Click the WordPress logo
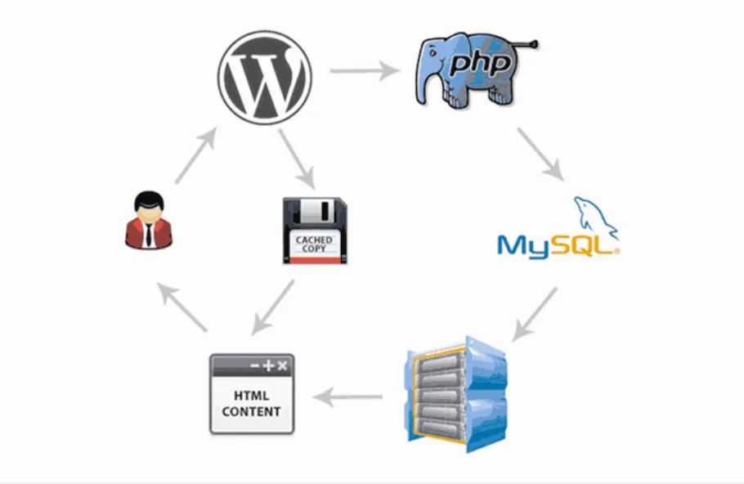pyautogui.click(x=265, y=78)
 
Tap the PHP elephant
pyautogui.click(x=474, y=69)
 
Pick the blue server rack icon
pyautogui.click(x=455, y=395)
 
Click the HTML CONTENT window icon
pyautogui.click(x=252, y=394)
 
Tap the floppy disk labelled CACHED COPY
pyautogui.click(x=315, y=231)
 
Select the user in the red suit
pyautogui.click(x=149, y=220)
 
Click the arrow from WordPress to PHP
pyautogui.click(x=365, y=70)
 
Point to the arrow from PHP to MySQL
pyautogui.click(x=540, y=155)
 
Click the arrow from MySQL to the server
pyautogui.click(x=534, y=314)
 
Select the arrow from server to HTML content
pyautogui.click(x=347, y=397)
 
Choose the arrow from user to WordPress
pyautogui.click(x=196, y=155)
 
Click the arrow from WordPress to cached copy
pyautogui.click(x=297, y=159)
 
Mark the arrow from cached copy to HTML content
pyautogui.click(x=273, y=307)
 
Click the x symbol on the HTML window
pyautogui.click(x=283, y=365)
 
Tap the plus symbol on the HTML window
pyautogui.click(x=268, y=365)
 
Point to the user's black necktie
pyautogui.click(x=149, y=235)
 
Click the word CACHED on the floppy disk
pyautogui.click(x=314, y=240)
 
